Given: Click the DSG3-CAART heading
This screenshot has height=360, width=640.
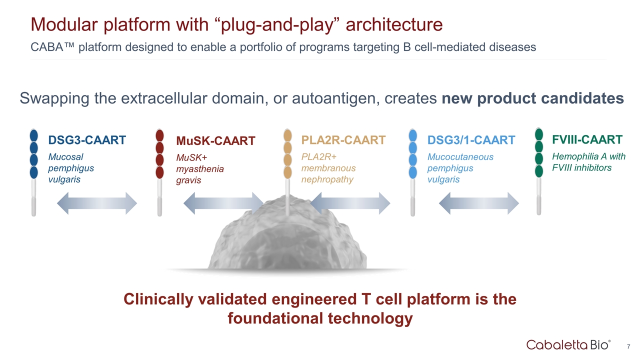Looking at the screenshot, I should coord(86,140).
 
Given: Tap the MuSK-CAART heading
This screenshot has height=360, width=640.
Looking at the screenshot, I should coord(215,141).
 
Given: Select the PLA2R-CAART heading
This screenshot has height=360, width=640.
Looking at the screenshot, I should coord(343,139).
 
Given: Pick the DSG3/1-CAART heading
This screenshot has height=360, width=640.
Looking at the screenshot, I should coord(471,140).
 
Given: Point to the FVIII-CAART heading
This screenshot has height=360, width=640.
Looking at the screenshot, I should coord(587,139).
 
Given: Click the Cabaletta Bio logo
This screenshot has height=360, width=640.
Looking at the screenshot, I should coord(568,344).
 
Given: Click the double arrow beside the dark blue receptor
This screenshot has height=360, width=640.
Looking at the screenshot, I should coord(97,203).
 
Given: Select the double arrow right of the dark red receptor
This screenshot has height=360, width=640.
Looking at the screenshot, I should coord(223,203).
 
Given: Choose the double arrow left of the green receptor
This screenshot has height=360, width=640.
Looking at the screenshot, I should coord(478,203).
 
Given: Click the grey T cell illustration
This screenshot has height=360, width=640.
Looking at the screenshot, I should coord(287,240).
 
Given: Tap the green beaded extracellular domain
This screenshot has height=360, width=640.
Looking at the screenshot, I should coord(539,152).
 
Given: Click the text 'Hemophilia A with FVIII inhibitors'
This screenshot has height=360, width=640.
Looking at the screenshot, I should coord(588,162).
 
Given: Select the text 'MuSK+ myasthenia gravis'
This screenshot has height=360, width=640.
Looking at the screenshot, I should coord(200,168).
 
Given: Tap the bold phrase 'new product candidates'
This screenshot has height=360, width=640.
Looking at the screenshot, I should coord(532,98).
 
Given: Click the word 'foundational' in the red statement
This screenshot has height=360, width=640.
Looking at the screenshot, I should coord(277,318).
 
